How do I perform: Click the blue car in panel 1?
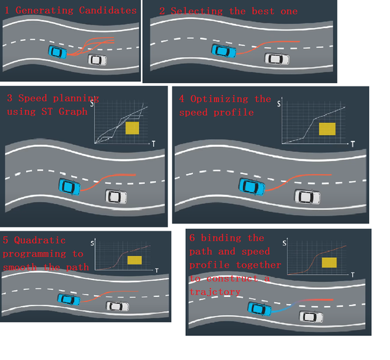tap(58, 52)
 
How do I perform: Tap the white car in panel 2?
tap(277, 59)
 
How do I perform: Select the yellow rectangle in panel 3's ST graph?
tap(133, 128)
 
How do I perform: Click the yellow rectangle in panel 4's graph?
tap(328, 129)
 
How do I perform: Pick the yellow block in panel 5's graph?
tap(135, 260)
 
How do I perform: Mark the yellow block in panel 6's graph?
tap(330, 263)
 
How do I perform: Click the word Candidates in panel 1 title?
tap(108, 10)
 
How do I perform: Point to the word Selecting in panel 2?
tap(197, 11)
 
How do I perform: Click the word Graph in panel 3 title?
tap(73, 112)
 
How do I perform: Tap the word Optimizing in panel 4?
tap(219, 99)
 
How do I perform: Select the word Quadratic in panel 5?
tap(40, 240)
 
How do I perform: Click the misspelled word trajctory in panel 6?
tap(215, 292)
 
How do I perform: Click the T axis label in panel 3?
tap(153, 144)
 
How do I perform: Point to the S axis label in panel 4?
tap(279, 104)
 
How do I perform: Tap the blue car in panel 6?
tap(259, 309)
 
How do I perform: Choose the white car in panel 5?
tap(118, 306)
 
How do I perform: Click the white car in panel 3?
tap(116, 197)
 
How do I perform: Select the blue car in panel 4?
tap(252, 187)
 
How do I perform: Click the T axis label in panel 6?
tap(353, 275)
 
